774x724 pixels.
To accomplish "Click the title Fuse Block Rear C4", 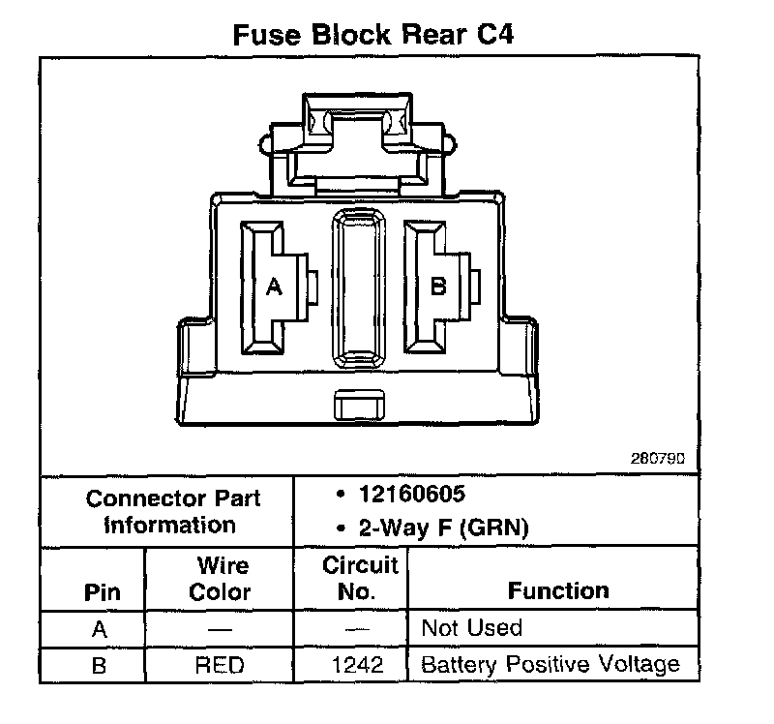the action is click(x=372, y=35).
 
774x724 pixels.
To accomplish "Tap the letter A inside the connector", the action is click(x=274, y=287).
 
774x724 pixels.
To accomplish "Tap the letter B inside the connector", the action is click(x=437, y=287).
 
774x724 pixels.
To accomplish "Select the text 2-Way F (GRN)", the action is click(x=432, y=528).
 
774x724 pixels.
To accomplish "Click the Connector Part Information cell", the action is click(x=172, y=512).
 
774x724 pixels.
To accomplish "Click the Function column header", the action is click(x=559, y=590).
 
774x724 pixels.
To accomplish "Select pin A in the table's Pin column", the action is click(x=99, y=629).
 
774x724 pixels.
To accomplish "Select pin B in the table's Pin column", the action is click(x=99, y=665).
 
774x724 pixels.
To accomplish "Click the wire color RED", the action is click(x=220, y=665).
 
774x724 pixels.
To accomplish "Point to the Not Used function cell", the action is click(x=472, y=628).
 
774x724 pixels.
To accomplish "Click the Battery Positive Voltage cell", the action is click(x=551, y=665).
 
